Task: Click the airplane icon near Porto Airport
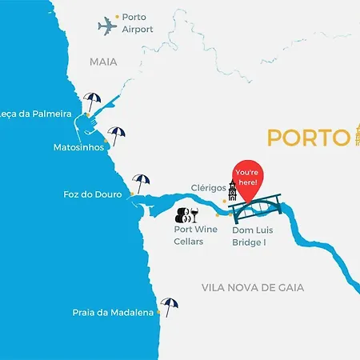(x=107, y=26)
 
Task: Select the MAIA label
(x=103, y=61)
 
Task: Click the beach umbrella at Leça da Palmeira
(x=93, y=102)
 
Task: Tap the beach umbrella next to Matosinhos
(x=117, y=134)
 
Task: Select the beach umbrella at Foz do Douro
(x=141, y=182)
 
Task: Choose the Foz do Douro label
(x=93, y=194)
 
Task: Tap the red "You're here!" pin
(x=247, y=182)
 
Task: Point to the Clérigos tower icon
(x=233, y=193)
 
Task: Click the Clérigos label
(x=208, y=190)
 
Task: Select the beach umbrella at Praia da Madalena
(x=169, y=305)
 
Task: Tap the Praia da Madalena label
(x=113, y=314)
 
